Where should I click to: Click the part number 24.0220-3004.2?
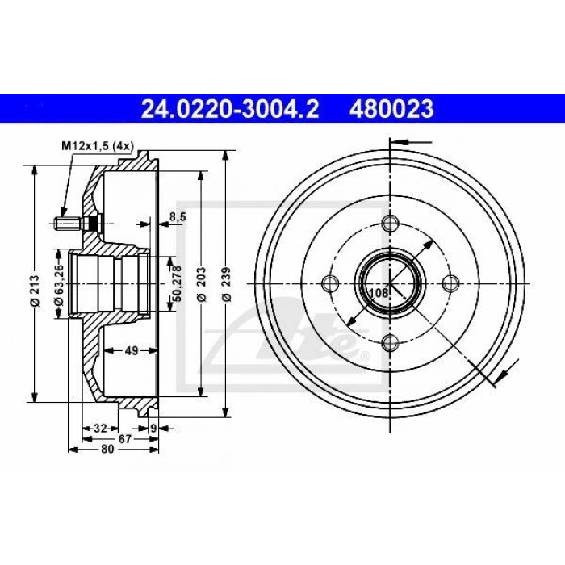coord(230,109)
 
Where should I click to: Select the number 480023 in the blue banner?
coord(391,109)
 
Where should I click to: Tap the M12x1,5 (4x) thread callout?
coord(98,146)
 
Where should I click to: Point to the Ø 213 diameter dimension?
coord(35,291)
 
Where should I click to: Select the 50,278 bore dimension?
coord(177,283)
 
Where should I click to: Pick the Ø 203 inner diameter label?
coord(202,284)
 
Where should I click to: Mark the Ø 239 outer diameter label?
coord(226,284)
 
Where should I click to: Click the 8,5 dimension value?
coord(178,216)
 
